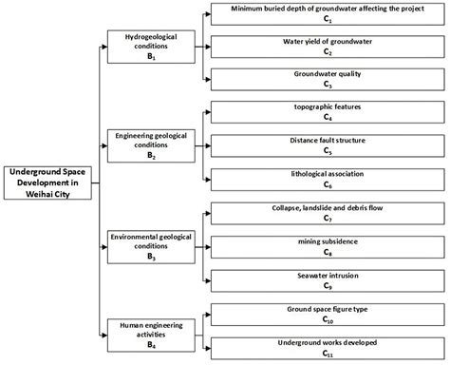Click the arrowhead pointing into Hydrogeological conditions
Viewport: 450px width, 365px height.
103,47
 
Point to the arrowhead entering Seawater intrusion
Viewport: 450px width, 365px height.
205,279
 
